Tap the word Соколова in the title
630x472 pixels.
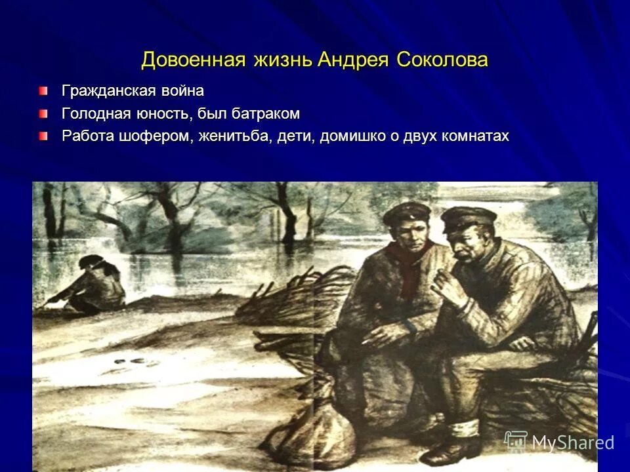point(442,60)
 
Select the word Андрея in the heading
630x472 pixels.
point(354,60)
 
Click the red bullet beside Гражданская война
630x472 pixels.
point(43,90)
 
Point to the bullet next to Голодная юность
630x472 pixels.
point(43,113)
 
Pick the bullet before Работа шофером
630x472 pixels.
point(43,136)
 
